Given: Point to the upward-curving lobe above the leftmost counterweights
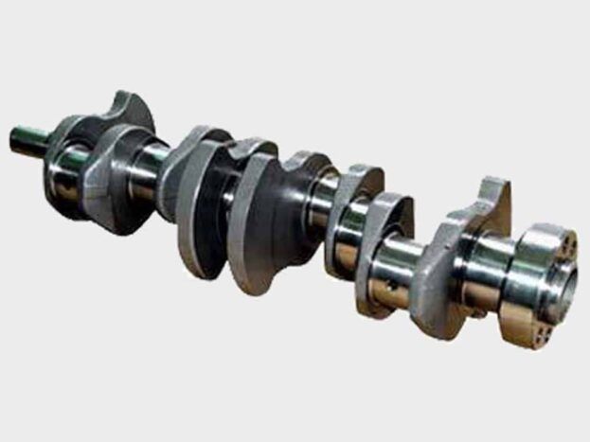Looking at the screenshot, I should coord(132,108).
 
